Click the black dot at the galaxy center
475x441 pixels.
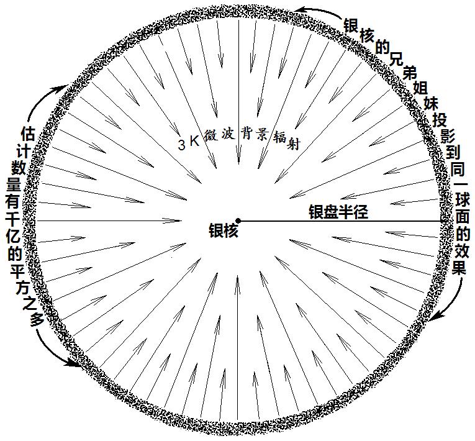coord(238,220)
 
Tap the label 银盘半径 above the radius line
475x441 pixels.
coord(338,212)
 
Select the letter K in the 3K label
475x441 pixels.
coord(194,141)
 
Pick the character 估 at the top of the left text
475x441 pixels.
coord(28,134)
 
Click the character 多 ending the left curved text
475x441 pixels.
coord(38,319)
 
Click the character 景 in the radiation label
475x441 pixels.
coord(261,135)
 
